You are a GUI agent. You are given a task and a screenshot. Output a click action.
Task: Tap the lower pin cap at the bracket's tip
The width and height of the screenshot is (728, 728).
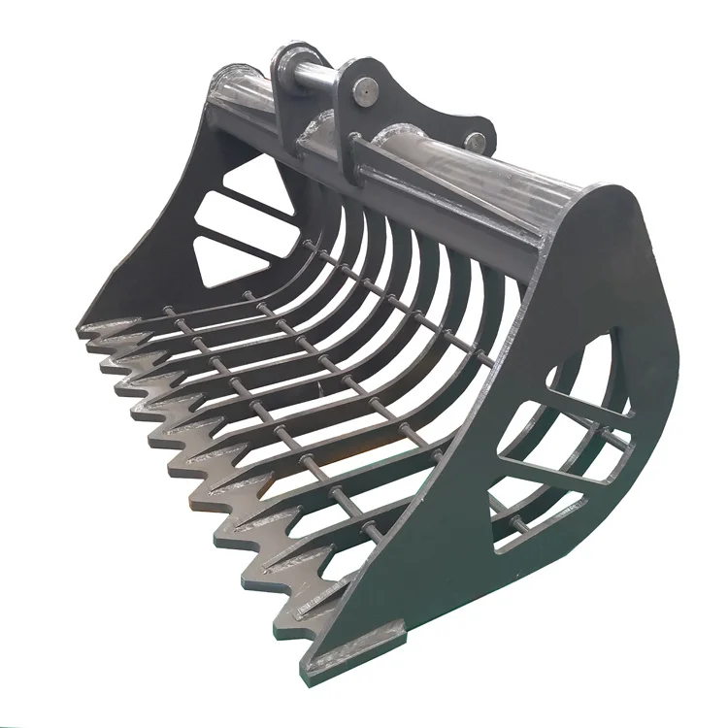pos(474,142)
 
